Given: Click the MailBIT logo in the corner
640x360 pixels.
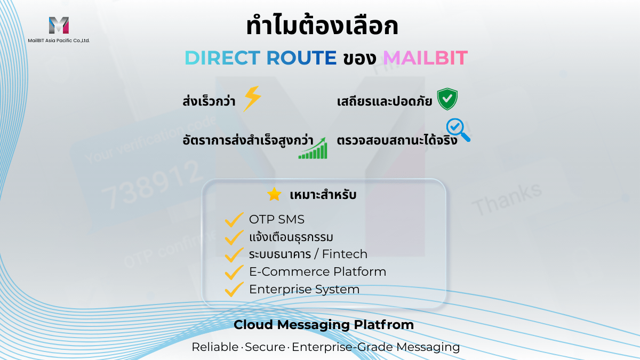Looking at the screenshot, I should click(x=59, y=26).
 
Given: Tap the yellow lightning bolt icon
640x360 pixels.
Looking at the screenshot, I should click(x=252, y=99).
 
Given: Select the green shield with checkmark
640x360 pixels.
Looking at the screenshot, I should click(x=447, y=99).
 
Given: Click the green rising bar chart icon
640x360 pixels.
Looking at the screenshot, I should click(x=313, y=148).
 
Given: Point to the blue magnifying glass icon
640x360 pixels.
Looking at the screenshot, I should click(x=458, y=130).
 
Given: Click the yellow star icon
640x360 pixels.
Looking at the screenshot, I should click(x=274, y=195).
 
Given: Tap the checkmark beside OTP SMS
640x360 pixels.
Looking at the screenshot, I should click(x=234, y=219).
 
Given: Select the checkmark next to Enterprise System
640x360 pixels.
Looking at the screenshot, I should click(x=234, y=290).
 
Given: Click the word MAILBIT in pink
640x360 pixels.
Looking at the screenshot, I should click(x=425, y=58).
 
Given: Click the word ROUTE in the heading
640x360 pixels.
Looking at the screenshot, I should click(x=301, y=58).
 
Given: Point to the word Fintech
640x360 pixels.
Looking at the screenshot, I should click(x=345, y=254).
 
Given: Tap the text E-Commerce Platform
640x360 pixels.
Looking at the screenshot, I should click(x=317, y=271).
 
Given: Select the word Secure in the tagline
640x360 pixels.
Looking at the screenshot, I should click(x=266, y=347).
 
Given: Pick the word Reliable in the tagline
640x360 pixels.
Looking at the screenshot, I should click(x=215, y=347).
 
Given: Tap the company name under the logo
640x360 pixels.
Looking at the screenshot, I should click(x=59, y=40).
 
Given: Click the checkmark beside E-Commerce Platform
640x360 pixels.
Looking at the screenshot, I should click(x=234, y=272).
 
